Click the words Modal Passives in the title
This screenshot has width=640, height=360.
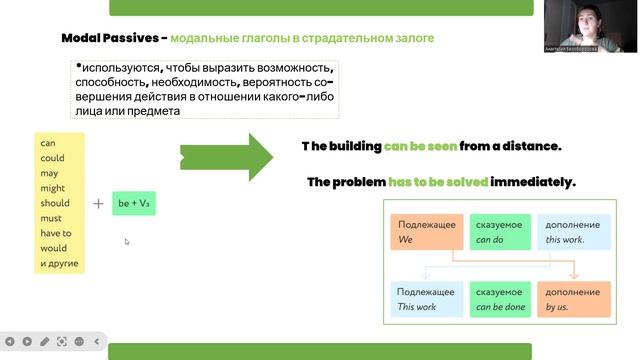pos(111,38)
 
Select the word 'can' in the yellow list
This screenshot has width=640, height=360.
pos(47,143)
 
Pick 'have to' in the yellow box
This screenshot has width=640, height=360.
pos(55,233)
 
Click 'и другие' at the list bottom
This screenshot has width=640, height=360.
pos(59,264)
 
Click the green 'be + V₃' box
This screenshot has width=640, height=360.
pos(133,203)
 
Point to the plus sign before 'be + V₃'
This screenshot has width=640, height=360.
pos(98,203)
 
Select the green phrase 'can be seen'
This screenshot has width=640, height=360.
pos(420,146)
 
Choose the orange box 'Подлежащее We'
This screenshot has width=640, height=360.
pos(426,232)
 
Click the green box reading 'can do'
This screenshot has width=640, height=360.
pos(498,232)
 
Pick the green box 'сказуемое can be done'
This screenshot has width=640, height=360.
pos(498,298)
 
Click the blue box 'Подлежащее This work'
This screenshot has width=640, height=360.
pos(426,298)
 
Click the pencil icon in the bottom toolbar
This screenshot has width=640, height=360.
pos(45,341)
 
